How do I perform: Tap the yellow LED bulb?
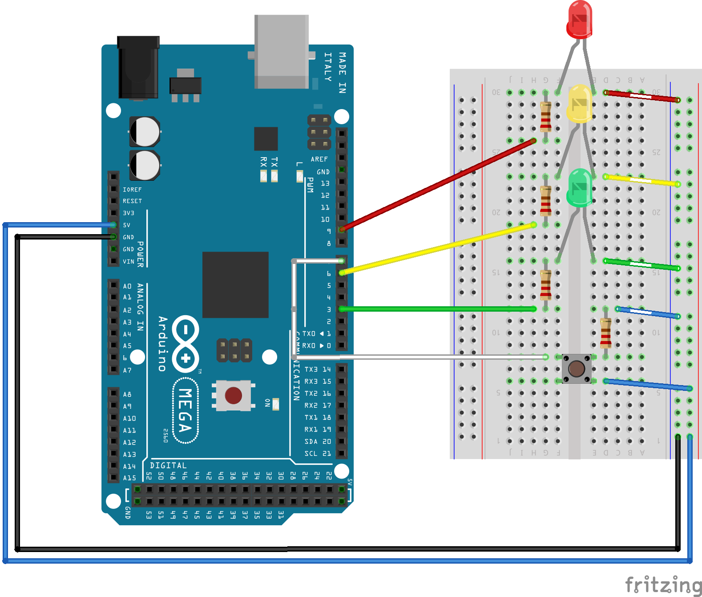coord(579,104)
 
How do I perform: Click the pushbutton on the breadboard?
coord(577,369)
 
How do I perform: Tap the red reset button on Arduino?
coord(233,395)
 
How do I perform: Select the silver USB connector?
coord(281,51)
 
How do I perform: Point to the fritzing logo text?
coord(663,585)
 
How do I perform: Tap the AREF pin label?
coord(319,159)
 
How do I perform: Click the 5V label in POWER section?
coord(127,225)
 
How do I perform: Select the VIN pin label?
coord(128,261)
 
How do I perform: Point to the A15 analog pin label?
coord(129,478)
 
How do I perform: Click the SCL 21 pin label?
coord(317,454)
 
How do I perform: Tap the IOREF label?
coord(132,189)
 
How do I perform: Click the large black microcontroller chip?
coord(235,285)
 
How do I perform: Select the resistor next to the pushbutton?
coord(605,333)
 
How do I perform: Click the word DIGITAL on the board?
coord(168,465)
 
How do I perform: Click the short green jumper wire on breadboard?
coord(641,264)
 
